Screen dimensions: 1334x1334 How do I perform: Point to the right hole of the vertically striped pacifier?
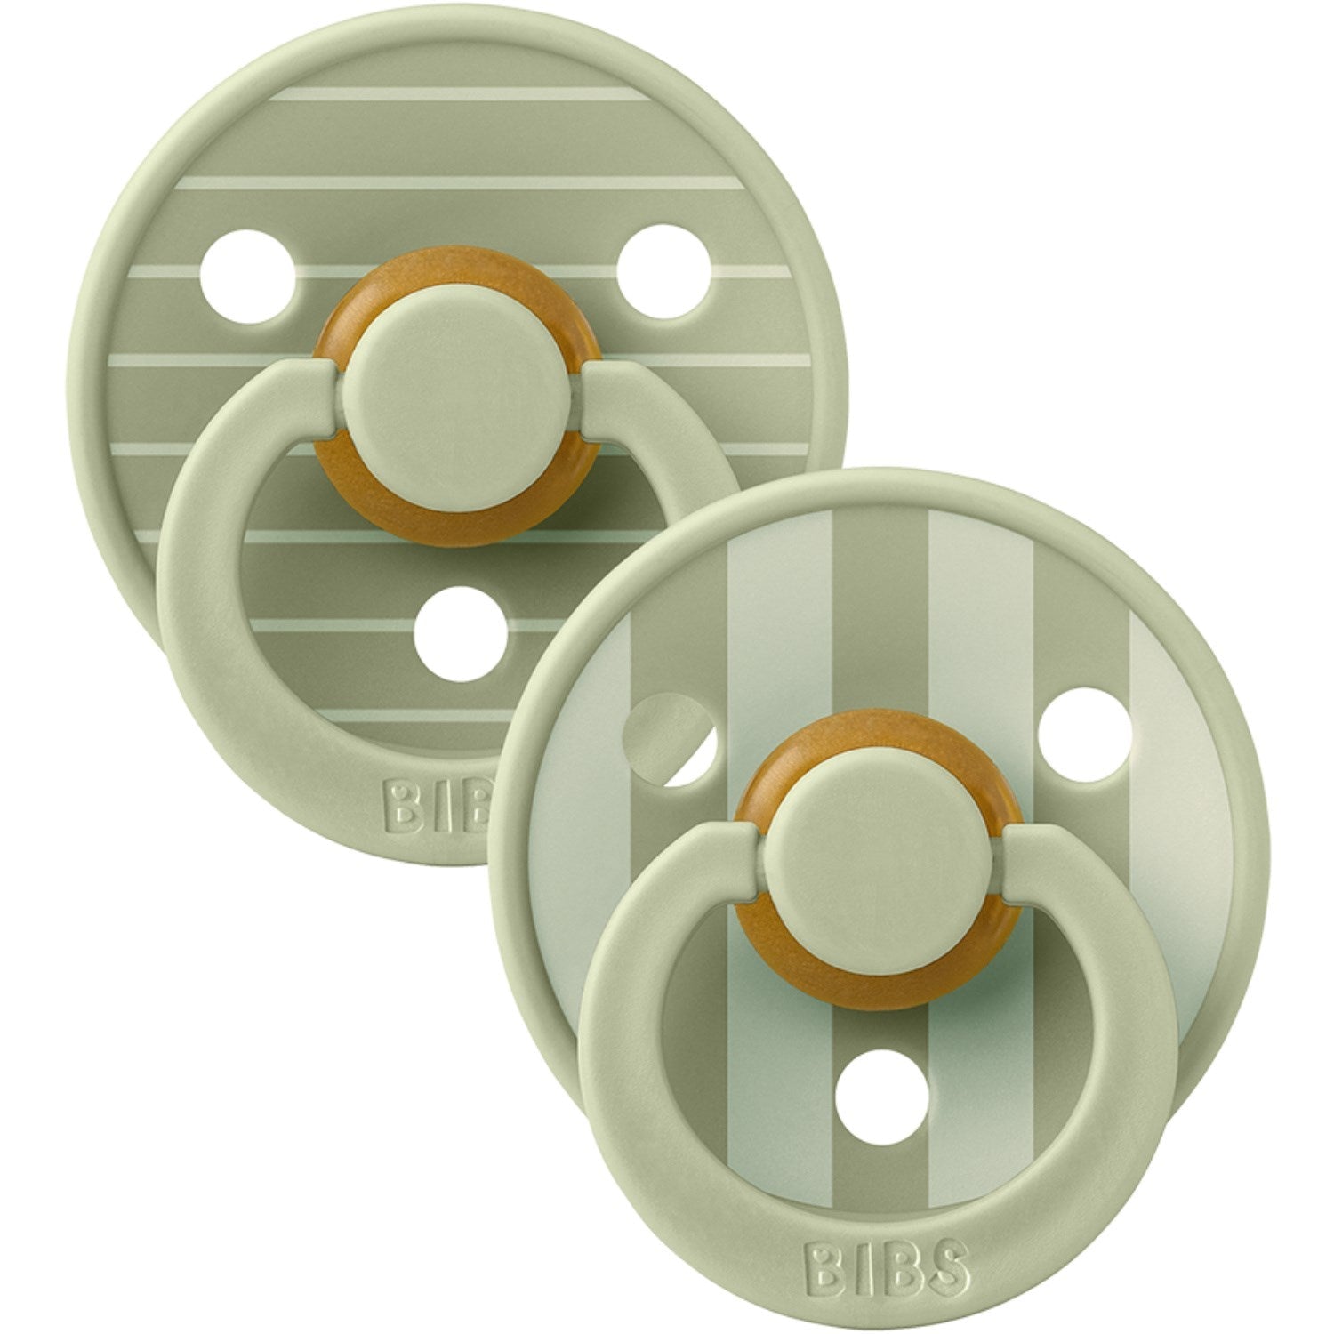pyautogui.click(x=1085, y=760)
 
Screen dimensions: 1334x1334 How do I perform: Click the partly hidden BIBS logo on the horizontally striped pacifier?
pyautogui.click(x=439, y=804)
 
